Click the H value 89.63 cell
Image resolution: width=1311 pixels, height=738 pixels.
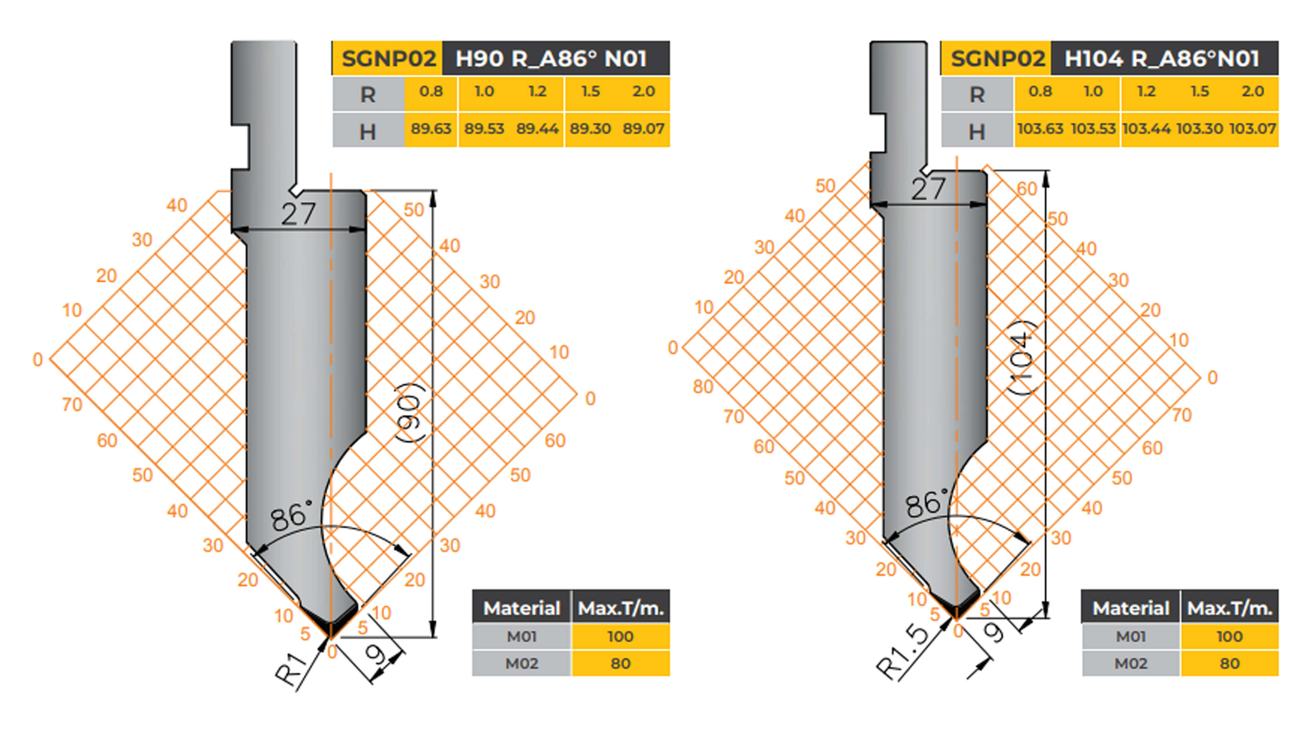pyautogui.click(x=431, y=129)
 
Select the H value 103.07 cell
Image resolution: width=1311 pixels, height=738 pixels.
pyautogui.click(x=1253, y=129)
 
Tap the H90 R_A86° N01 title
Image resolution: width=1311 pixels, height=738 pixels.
pyautogui.click(x=551, y=58)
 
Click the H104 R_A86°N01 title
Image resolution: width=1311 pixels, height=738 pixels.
pyautogui.click(x=1162, y=58)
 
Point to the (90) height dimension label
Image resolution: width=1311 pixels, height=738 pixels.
pyautogui.click(x=410, y=412)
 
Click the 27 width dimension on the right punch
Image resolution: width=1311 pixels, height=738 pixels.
pyautogui.click(x=929, y=189)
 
